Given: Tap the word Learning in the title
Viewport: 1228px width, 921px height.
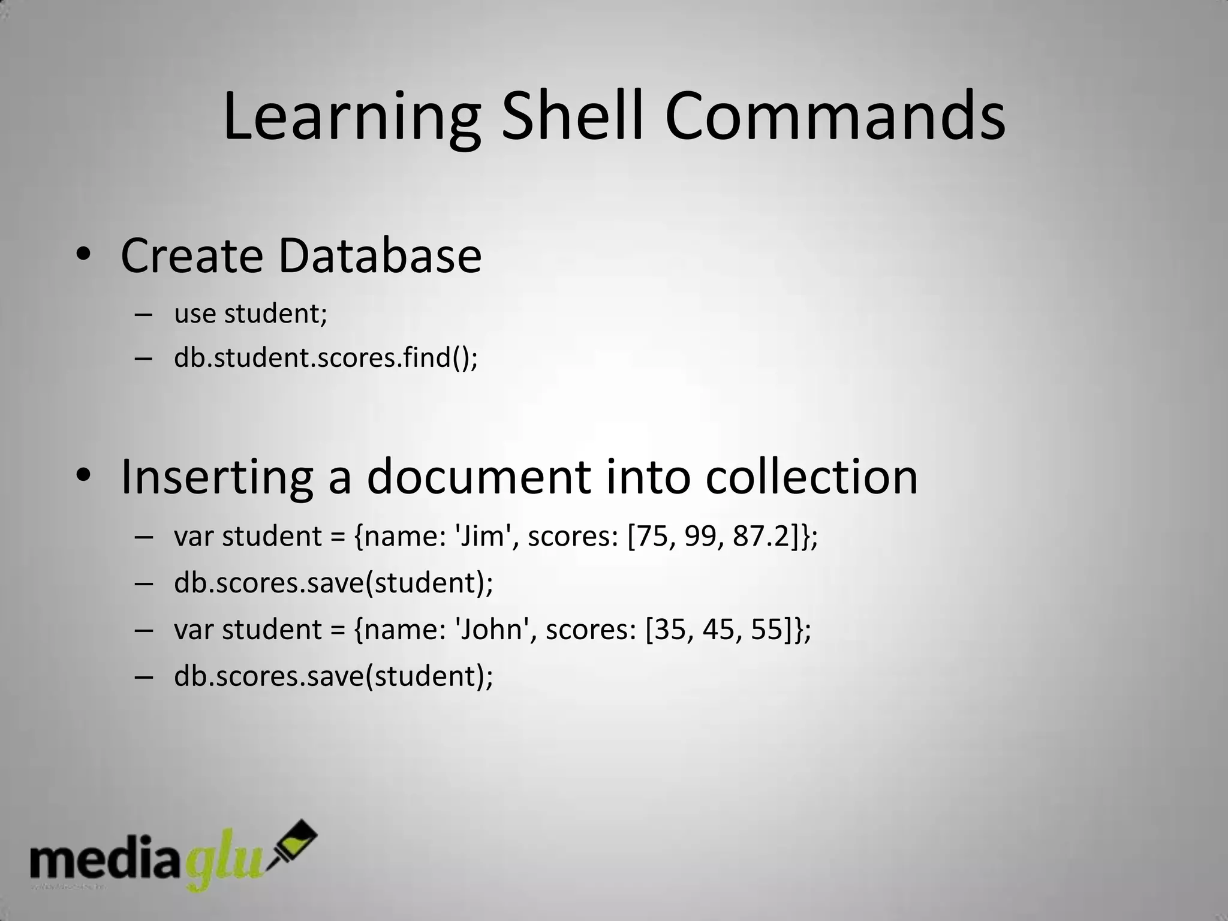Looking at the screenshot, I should pyautogui.click(x=351, y=117).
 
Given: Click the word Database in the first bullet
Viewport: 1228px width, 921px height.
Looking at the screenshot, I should pyautogui.click(x=380, y=256).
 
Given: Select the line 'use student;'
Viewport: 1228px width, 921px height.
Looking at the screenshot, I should pyautogui.click(x=251, y=313).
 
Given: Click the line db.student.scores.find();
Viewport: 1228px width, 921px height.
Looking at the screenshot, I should pyautogui.click(x=326, y=358).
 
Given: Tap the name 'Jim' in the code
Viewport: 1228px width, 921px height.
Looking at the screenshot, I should pyautogui.click(x=482, y=536).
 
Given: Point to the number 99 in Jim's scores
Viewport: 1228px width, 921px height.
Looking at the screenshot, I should pyautogui.click(x=700, y=536).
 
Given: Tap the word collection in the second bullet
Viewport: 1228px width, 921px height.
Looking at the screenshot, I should pyautogui.click(x=811, y=477).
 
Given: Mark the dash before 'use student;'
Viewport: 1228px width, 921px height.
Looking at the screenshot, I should pyautogui.click(x=144, y=314).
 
